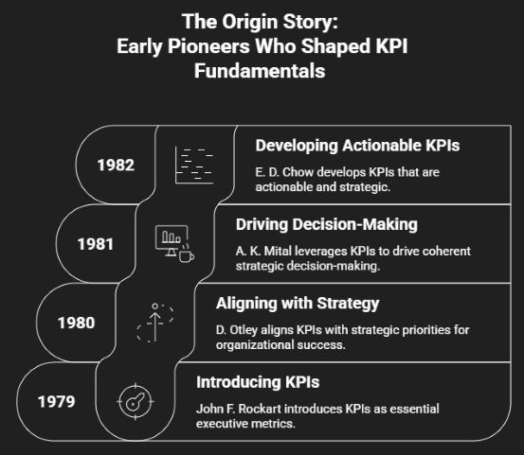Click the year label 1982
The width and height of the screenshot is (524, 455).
[116, 165]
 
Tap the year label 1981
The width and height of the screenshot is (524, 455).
[96, 244]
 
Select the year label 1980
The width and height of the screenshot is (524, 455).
[76, 323]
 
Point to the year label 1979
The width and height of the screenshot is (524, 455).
[56, 402]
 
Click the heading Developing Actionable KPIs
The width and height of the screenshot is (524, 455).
[357, 146]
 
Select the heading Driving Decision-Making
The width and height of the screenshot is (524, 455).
[327, 224]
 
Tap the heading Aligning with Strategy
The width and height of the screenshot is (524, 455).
[298, 304]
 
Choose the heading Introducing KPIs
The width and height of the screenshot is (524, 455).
[258, 382]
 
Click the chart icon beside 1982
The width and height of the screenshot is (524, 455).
[194, 165]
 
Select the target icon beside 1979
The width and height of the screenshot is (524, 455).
[136, 402]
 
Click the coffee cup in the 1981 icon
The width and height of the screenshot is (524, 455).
[187, 256]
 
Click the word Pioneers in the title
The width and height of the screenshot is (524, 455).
[208, 46]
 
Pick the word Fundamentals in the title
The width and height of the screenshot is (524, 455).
[260, 71]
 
